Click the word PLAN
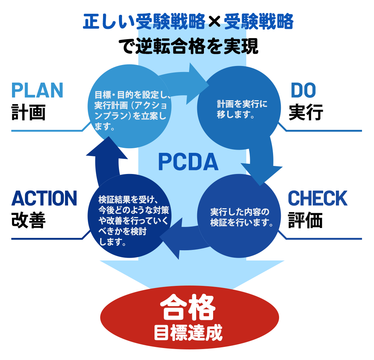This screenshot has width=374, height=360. point(37,90)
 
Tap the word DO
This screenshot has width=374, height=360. point(303,91)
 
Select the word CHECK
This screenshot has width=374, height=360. point(318,199)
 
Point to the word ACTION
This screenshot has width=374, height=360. point(44,198)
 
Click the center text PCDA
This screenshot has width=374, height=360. point(188,162)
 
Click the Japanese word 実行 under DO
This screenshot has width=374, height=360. point(306,112)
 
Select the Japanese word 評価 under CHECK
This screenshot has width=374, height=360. point(306,220)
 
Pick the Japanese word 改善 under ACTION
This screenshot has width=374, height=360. point(28,220)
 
